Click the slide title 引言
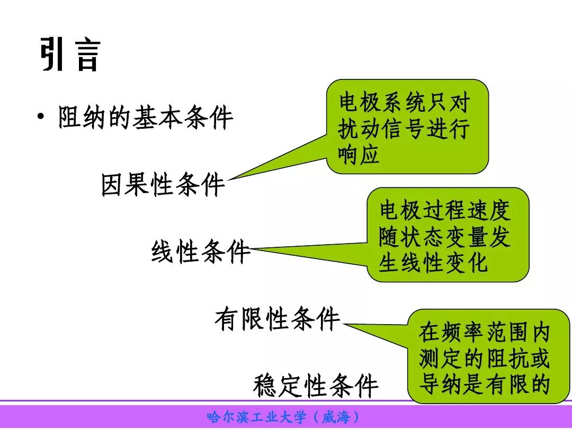[x=70, y=54]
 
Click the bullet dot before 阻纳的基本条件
[x=41, y=117]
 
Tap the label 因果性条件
[x=163, y=184]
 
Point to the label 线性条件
[x=201, y=252]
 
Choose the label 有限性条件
[x=277, y=318]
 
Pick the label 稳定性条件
[x=316, y=385]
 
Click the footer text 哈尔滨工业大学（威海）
[x=283, y=417]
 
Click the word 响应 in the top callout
[x=359, y=154]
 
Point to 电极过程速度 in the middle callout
[x=445, y=210]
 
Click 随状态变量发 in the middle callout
[x=444, y=237]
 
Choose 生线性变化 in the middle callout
[x=433, y=263]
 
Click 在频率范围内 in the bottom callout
[x=484, y=332]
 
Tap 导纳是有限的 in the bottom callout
[x=484, y=384]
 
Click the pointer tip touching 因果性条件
[x=228, y=180]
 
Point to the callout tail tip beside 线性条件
[x=251, y=249]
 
